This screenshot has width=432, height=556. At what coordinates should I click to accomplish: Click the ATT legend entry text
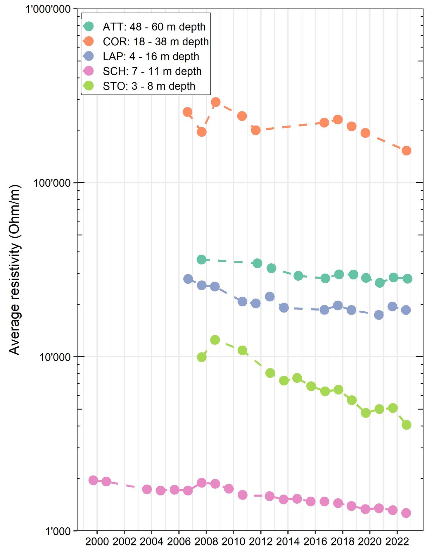154,27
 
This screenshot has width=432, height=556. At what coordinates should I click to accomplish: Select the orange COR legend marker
88,41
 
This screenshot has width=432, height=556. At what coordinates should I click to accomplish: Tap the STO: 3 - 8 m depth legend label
149,86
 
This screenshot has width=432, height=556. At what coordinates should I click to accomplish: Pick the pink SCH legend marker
88,71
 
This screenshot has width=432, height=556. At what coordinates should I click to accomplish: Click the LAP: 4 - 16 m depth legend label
151,56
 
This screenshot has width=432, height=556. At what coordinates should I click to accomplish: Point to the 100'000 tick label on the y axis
52,183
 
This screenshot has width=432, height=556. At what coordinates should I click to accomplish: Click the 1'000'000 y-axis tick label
48,9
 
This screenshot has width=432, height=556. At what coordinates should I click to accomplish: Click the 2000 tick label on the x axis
97,542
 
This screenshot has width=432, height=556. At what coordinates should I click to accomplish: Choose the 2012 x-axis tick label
260,542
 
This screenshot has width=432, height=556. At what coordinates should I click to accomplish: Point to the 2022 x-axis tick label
397,542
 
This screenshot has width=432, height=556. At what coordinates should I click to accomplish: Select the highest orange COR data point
215,102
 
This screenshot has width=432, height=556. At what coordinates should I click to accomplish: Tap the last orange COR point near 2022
406,151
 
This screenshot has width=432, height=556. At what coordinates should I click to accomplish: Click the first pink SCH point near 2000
93,480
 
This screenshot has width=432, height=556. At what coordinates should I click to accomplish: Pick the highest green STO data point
215,340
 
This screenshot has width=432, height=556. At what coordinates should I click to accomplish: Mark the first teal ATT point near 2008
201,260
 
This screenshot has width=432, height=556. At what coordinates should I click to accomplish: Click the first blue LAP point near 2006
188,279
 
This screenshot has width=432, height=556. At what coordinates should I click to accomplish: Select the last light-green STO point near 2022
406,425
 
